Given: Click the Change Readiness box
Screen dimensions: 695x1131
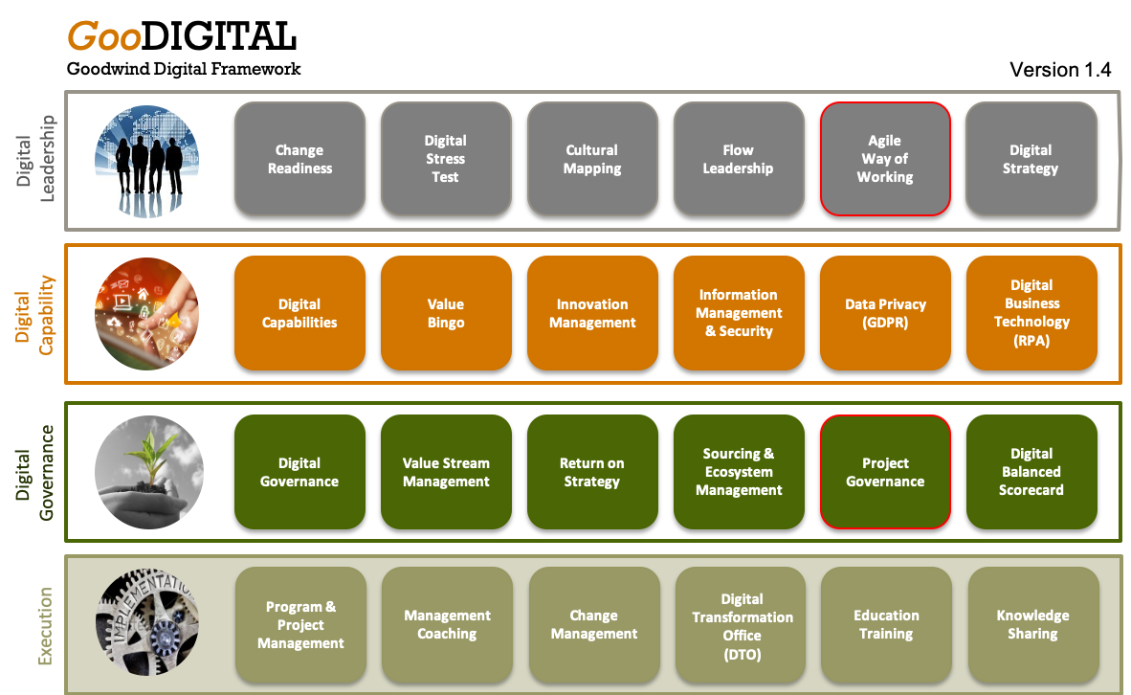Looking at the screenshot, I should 299,159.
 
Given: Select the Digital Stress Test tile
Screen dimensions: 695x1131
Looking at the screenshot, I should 446,159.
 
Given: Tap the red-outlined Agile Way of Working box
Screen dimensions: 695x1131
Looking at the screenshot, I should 885,159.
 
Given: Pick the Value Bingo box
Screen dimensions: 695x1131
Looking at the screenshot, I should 446,313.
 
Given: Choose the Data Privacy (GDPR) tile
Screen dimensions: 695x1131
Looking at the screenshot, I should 885,313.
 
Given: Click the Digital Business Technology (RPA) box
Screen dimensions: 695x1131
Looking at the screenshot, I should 1031,313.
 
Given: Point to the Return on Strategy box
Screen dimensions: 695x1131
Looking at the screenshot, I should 592,472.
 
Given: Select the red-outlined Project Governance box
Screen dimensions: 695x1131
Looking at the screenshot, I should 885,472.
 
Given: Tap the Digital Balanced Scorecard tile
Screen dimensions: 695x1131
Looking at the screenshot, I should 1031,472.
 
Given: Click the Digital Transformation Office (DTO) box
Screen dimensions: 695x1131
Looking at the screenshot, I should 742,625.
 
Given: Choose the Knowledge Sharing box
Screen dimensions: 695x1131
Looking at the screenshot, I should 1032,625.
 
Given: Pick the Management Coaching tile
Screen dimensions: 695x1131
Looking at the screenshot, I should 447,625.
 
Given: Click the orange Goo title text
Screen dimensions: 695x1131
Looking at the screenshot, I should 103,37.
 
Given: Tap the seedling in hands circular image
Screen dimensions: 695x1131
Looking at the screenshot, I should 148,472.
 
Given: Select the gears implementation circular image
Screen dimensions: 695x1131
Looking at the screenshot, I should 148,625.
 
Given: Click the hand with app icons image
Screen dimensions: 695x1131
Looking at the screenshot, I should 148,313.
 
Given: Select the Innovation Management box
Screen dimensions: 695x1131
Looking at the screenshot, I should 592,313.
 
